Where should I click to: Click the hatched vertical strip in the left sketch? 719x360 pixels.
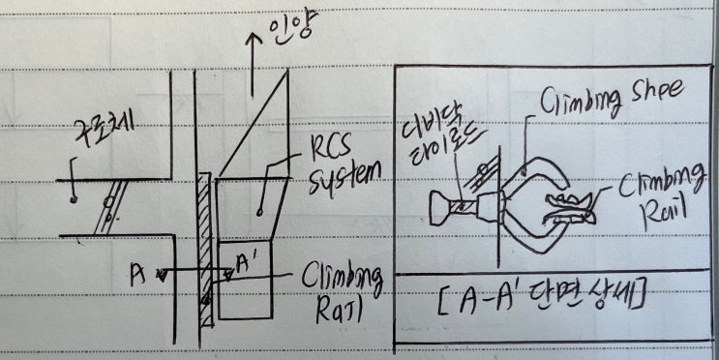point(202,242)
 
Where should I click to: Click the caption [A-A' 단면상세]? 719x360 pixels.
point(543,299)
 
